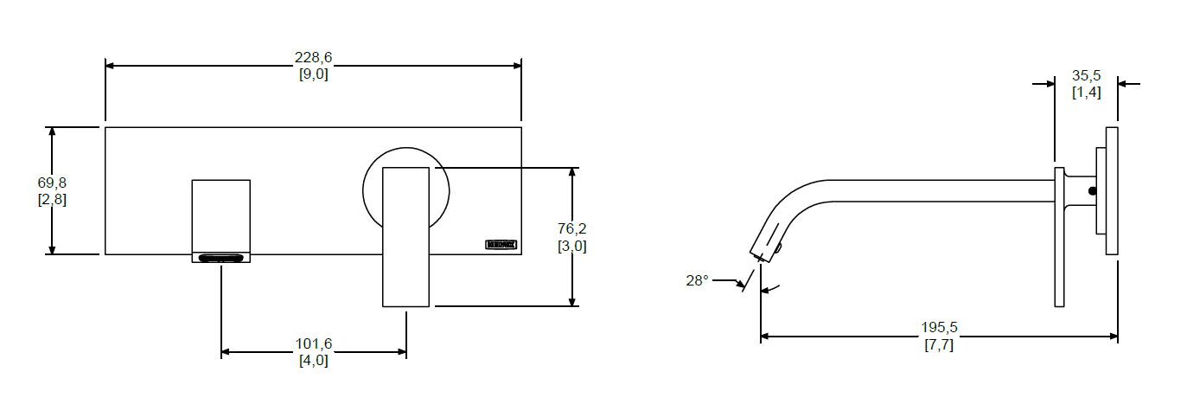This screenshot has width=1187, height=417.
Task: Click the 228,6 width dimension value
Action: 313,58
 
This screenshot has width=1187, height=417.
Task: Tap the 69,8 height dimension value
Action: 52,183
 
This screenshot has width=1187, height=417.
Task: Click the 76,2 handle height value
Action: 571,229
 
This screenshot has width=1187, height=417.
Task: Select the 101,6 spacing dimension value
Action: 313,344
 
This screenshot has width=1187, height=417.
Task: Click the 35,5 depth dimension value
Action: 1086,75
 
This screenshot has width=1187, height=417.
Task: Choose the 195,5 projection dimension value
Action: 939,328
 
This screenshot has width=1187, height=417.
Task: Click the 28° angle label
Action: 697,280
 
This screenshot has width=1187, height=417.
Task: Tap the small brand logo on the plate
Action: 501,245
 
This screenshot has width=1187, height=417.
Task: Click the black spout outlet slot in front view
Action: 220,258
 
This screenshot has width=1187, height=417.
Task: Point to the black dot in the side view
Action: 1092,190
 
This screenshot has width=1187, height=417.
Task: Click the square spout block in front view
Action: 220,215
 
